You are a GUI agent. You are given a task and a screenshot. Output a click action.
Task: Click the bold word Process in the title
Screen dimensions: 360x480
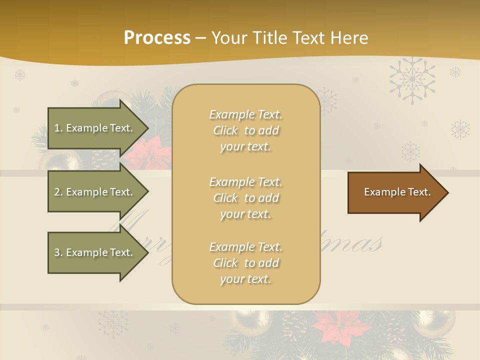coord(157,38)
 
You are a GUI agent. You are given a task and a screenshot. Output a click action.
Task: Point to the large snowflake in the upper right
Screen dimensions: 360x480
coord(412,80)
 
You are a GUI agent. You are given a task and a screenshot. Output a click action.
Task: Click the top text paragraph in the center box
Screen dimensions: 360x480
coord(245,130)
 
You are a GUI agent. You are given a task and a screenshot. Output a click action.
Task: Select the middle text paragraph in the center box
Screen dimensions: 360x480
coord(245,198)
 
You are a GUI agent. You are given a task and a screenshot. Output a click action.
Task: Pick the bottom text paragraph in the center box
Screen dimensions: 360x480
coord(245,263)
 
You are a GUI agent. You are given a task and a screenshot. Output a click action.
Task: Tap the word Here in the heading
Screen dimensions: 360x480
coord(349,38)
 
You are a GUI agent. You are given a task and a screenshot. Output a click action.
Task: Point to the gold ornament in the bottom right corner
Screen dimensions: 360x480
coord(435,323)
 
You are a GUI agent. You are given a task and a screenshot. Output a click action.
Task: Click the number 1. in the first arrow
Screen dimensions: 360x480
coord(58,128)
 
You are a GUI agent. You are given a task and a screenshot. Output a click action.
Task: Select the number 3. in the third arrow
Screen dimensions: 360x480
coord(58,252)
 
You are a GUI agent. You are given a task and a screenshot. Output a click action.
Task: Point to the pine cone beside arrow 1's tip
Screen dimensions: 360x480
coord(104,159)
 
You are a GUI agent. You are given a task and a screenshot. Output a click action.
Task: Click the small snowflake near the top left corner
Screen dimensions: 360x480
coord(20,75)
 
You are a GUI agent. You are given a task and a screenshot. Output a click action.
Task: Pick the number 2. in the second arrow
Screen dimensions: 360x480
coord(58,192)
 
